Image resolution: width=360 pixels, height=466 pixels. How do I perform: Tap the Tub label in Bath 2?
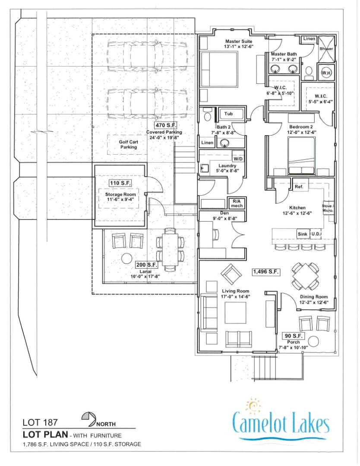[x=228, y=114]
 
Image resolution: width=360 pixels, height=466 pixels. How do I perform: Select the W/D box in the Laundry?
[x=238, y=159]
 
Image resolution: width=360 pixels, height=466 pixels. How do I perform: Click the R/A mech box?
[x=237, y=203]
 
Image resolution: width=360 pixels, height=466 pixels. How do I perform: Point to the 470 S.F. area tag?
[x=166, y=125]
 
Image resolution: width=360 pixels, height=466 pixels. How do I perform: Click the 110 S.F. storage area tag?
[x=120, y=183]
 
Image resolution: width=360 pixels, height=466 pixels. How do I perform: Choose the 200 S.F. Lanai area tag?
[x=147, y=265]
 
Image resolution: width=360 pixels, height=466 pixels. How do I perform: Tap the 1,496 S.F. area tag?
[x=266, y=272]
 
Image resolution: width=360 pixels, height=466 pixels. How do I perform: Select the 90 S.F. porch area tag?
[x=294, y=336]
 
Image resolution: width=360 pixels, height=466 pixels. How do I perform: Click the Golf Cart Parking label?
[x=129, y=144]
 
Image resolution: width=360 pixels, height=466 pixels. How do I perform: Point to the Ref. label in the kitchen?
[x=299, y=187]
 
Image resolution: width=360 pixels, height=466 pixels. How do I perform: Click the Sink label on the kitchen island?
[x=303, y=234]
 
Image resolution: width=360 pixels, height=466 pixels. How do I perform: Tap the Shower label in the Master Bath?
[x=326, y=48]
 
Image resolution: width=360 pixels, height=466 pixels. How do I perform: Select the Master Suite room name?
[x=239, y=41]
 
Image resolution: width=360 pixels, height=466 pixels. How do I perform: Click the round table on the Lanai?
[x=127, y=258]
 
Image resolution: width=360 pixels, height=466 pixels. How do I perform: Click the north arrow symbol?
[x=88, y=418]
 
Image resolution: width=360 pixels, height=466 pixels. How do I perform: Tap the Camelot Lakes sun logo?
[x=253, y=406]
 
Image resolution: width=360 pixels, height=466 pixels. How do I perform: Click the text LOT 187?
[x=40, y=422]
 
